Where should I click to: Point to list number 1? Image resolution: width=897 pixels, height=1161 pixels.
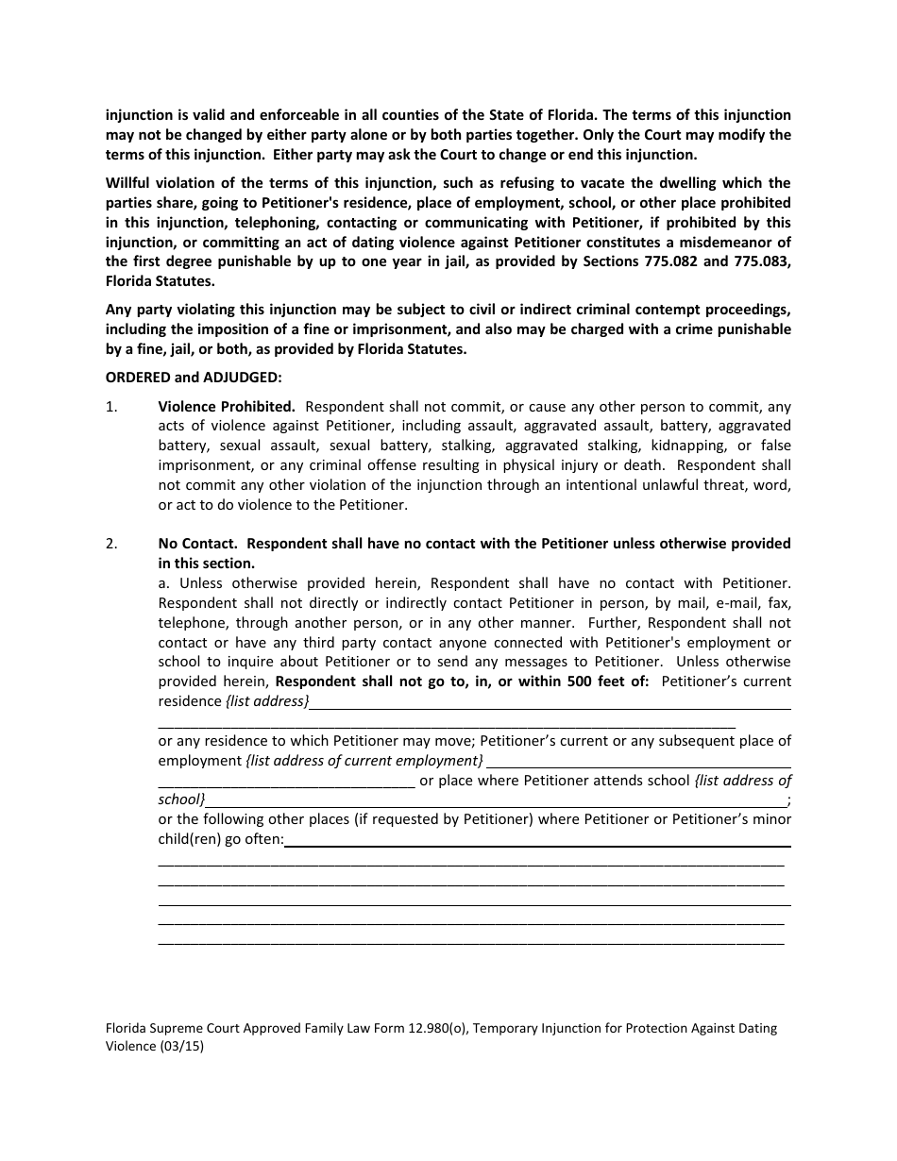click(111, 407)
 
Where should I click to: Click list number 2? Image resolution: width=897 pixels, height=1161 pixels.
click(111, 544)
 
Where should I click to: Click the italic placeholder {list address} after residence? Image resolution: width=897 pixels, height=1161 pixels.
click(267, 701)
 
